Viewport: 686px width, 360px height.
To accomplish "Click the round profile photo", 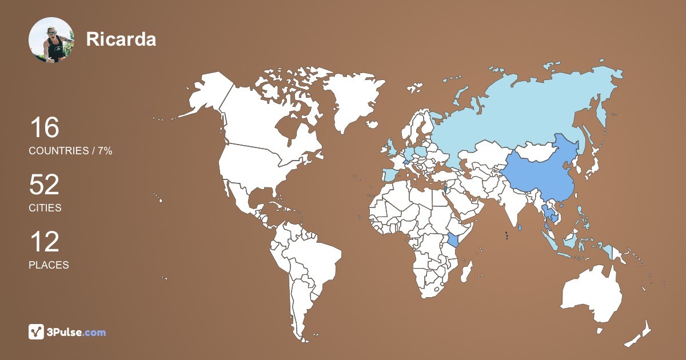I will tap(51, 40).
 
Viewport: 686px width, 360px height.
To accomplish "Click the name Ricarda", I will tap(121, 39).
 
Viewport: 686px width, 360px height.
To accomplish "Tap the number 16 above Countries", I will tap(45, 128).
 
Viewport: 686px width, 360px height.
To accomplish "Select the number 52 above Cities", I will tap(45, 185).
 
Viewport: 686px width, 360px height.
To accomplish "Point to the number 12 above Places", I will tap(45, 242).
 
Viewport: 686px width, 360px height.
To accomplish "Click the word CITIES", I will tap(45, 208).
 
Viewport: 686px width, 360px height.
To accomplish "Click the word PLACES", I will tap(49, 265).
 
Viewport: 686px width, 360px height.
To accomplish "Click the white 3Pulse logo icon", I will tap(36, 332).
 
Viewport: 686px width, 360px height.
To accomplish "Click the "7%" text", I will tap(105, 151).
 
